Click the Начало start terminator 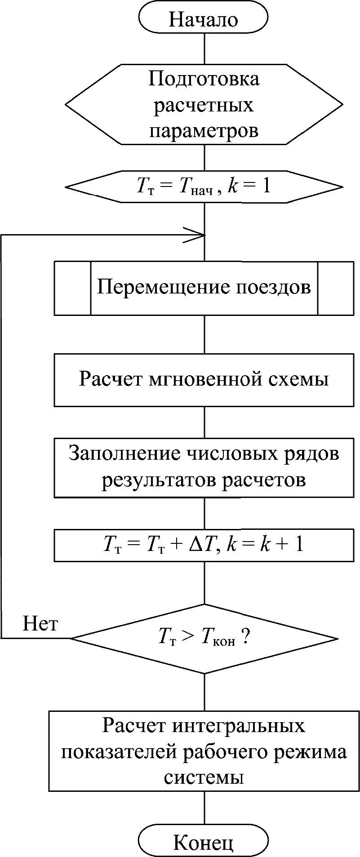point(203,19)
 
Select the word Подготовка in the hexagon point(204,80)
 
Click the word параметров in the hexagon point(204,131)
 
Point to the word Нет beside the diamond point(40,624)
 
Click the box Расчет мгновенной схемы point(204,380)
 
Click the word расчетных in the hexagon point(204,106)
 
